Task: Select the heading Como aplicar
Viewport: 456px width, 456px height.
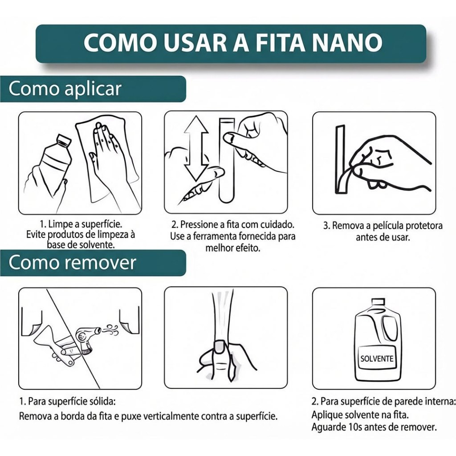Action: (65, 89)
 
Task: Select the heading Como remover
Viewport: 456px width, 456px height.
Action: (73, 262)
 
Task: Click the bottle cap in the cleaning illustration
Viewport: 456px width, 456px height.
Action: (64, 140)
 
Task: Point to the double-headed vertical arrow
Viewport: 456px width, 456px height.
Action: (196, 148)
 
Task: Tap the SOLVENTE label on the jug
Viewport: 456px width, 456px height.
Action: (377, 358)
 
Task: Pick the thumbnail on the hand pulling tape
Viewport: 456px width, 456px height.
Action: (220, 346)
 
